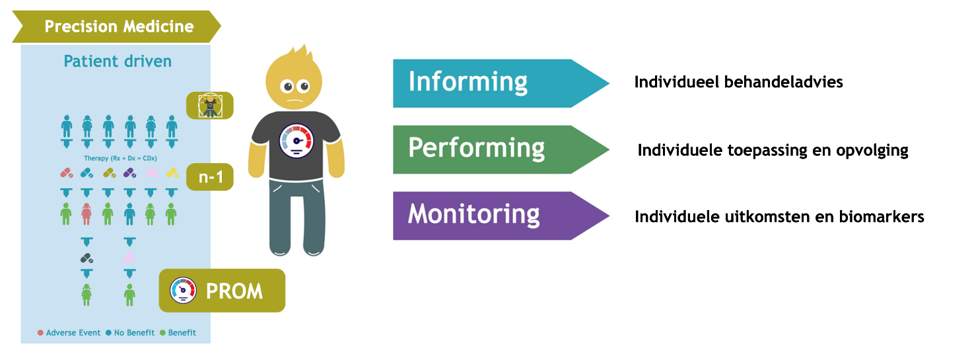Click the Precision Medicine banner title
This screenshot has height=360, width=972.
click(119, 26)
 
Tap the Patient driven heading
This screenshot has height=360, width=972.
click(118, 61)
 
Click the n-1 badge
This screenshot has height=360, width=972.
click(210, 177)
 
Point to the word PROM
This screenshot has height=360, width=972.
click(234, 291)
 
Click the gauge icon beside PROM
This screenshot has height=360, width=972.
click(183, 291)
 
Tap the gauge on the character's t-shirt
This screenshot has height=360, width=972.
click(296, 141)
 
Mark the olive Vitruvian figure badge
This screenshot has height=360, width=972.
click(210, 106)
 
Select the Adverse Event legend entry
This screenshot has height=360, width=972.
click(69, 333)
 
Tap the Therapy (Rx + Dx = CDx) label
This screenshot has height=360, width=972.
click(120, 159)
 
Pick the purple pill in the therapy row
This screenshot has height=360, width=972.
click(129, 173)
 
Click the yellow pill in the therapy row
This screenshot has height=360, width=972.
click(172, 173)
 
